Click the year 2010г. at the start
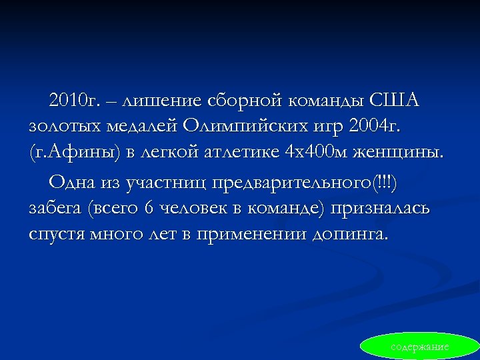tap(73, 101)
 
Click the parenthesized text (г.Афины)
tap(73, 153)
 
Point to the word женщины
tap(399, 153)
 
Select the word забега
tap(55, 209)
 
